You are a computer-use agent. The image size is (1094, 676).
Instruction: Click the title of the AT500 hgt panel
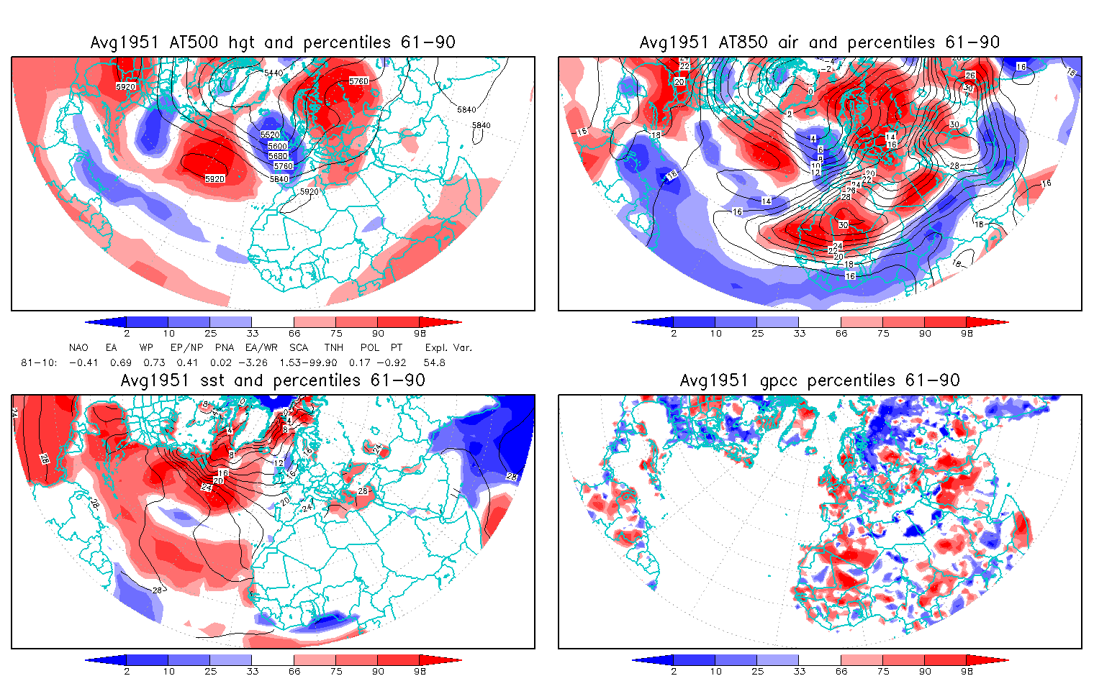tap(273, 42)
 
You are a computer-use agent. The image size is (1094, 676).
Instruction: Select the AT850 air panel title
tap(820, 42)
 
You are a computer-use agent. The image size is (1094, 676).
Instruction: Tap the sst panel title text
tap(273, 380)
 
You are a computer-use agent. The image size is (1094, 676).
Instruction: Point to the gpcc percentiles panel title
tap(820, 380)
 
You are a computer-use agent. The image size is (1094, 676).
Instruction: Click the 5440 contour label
tap(273, 73)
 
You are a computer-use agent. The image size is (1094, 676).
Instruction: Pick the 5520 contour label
tap(270, 135)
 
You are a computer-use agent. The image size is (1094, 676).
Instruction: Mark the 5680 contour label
tap(278, 156)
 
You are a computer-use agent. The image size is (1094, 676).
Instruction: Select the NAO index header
tap(78, 347)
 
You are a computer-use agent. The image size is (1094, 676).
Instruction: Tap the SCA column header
tap(299, 347)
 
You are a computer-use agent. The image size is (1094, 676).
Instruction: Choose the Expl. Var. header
tap(448, 347)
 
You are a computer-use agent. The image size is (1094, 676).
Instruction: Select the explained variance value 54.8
tap(434, 362)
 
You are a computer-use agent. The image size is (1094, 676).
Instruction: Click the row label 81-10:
tap(39, 362)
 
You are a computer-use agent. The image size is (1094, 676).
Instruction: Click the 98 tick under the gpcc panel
tap(967, 671)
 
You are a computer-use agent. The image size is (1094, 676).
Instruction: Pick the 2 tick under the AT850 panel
tap(674, 333)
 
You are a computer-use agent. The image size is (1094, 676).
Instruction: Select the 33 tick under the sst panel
tap(252, 671)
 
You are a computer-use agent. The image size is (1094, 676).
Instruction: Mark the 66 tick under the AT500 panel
tap(294, 333)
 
